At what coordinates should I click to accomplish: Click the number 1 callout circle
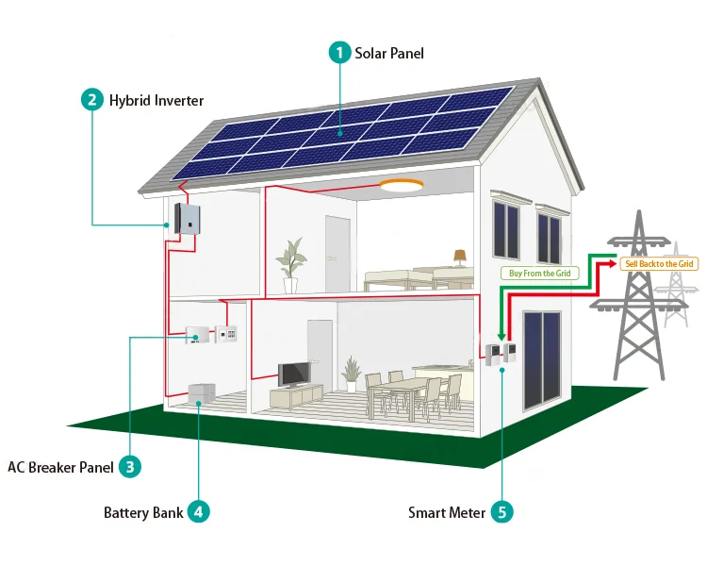(339, 53)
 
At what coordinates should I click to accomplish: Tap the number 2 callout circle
(92, 100)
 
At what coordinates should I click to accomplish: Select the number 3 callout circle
(131, 466)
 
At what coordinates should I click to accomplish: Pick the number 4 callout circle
(198, 512)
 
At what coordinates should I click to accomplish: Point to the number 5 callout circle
(502, 512)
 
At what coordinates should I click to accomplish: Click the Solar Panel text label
(389, 53)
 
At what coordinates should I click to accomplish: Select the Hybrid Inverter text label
(156, 100)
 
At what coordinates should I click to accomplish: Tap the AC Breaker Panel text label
(60, 467)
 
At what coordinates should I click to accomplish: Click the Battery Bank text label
(143, 513)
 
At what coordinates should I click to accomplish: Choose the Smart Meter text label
(447, 513)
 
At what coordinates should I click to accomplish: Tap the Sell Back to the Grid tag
(660, 264)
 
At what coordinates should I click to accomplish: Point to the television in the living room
(293, 375)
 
